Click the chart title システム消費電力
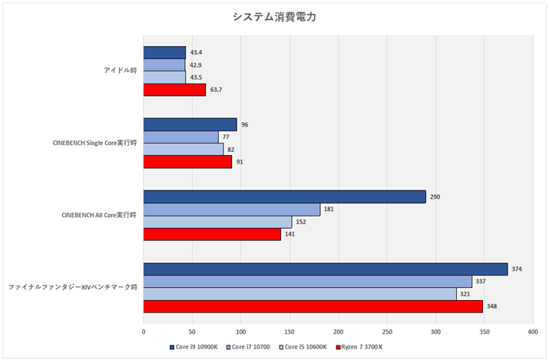coord(274,17)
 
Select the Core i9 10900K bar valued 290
coord(284,197)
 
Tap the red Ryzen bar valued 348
coord(313,306)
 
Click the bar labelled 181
coord(231,210)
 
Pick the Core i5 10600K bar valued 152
coord(217,222)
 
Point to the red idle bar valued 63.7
coord(174,90)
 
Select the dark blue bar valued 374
coord(325,269)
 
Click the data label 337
coord(481,282)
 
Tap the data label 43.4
coord(196,53)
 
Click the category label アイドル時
coord(120,71)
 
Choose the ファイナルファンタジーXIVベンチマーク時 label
coord(73,287)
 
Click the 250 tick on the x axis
coord(387,332)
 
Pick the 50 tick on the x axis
coord(192,332)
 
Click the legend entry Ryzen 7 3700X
coord(361,347)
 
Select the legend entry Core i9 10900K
coord(195,347)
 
